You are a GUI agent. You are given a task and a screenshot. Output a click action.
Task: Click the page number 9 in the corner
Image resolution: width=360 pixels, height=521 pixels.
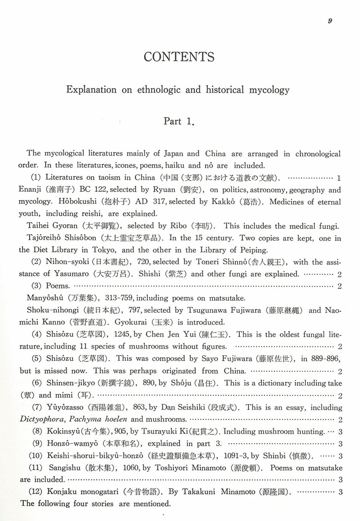tap(331, 20)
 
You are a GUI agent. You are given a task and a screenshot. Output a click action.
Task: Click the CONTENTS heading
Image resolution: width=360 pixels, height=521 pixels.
tap(179, 57)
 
